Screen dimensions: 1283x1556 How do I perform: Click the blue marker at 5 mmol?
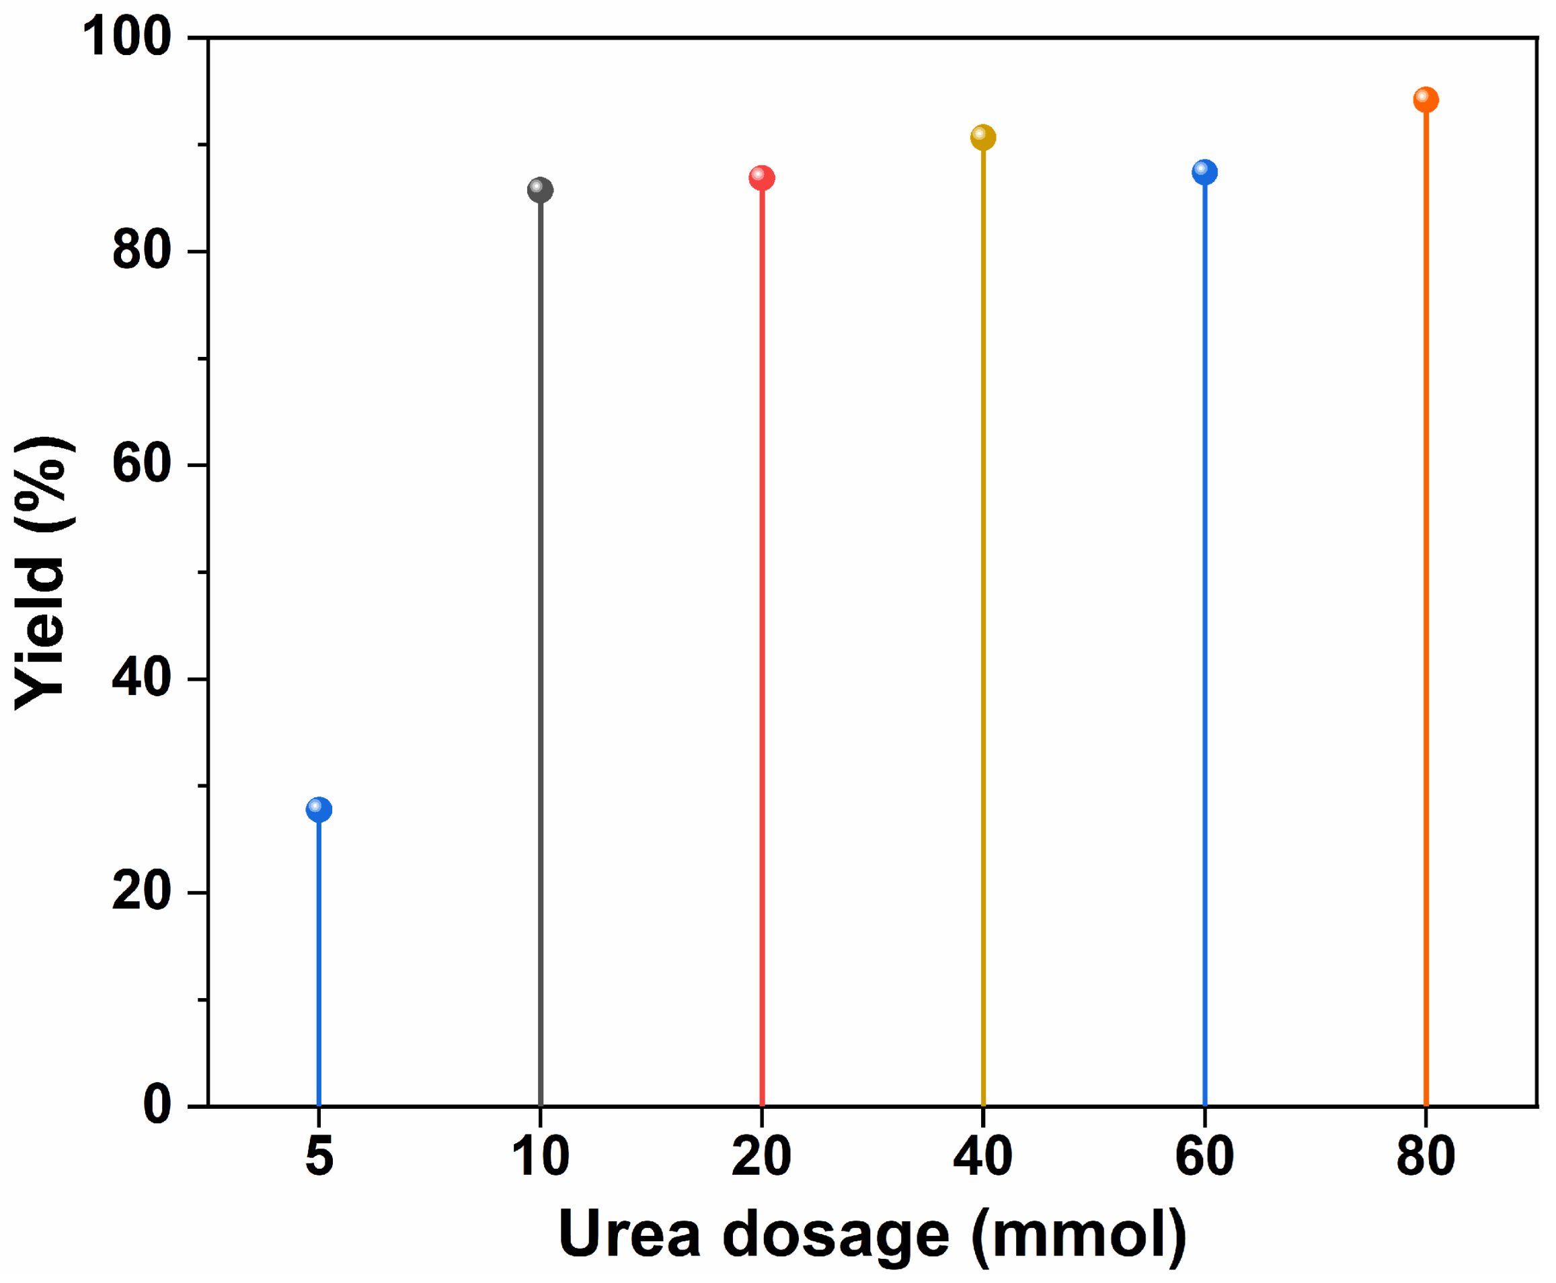click(x=319, y=809)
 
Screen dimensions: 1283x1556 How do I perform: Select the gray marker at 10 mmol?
click(x=540, y=190)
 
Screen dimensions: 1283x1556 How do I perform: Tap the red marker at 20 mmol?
click(x=762, y=177)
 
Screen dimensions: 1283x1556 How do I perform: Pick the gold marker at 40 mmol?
click(x=983, y=136)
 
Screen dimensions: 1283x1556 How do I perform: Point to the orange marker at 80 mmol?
click(x=1426, y=99)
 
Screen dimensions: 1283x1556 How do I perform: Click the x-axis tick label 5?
click(x=319, y=1157)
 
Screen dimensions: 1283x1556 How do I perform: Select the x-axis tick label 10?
click(x=541, y=1157)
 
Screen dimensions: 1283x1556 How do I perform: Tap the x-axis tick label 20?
click(x=762, y=1157)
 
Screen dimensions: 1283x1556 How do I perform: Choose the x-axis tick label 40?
click(x=983, y=1157)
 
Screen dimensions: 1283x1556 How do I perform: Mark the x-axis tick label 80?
click(x=1426, y=1157)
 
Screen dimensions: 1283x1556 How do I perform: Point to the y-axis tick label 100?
click(x=127, y=37)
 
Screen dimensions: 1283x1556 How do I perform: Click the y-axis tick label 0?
click(x=157, y=1106)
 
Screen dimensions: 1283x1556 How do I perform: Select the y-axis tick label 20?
click(x=142, y=892)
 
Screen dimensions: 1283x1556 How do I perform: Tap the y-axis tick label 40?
click(x=142, y=678)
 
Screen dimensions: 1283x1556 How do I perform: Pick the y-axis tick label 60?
click(x=142, y=465)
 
